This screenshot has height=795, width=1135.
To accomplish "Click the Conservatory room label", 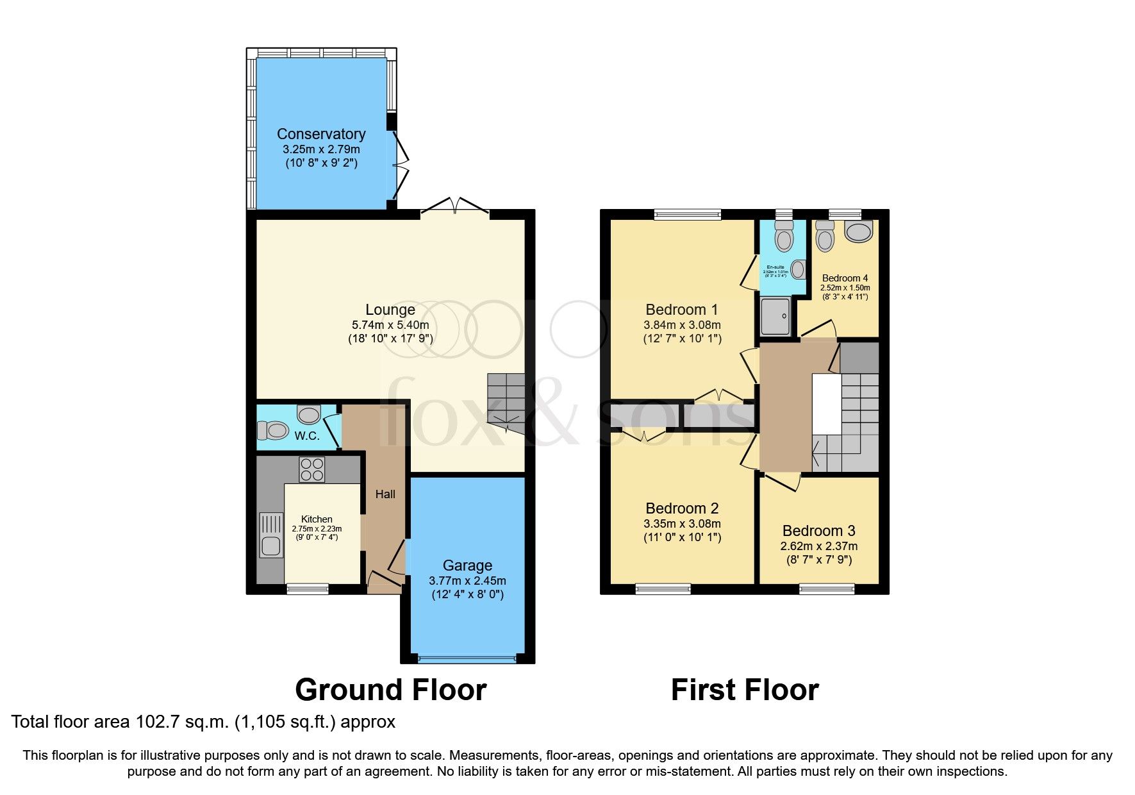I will [321, 134].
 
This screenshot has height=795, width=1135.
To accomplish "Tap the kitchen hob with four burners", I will [312, 469].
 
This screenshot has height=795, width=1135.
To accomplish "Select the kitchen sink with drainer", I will [271, 535].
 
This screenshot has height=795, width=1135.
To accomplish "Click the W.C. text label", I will [307, 436].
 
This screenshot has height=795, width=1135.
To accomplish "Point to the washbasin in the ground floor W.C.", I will [309, 415].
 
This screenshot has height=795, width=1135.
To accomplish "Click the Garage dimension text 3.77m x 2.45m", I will [467, 581].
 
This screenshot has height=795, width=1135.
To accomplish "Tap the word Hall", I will [385, 494].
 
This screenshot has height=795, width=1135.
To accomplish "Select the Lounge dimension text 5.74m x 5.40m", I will [390, 325].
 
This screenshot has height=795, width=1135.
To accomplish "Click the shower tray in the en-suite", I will [775, 317].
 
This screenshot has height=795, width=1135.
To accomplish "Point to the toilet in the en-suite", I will [783, 237].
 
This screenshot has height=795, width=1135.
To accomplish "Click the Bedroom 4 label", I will [845, 278].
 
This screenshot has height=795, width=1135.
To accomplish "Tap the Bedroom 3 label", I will [818, 531].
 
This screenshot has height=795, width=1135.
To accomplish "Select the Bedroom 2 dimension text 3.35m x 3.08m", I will [682, 524].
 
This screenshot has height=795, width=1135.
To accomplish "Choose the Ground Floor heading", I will [390, 690].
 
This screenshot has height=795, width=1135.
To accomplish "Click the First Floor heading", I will [745, 690].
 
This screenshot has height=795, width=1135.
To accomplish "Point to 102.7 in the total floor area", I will [154, 722].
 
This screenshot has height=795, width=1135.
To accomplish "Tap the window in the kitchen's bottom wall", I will [307, 589].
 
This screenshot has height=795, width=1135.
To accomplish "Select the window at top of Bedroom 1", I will [687, 214].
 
